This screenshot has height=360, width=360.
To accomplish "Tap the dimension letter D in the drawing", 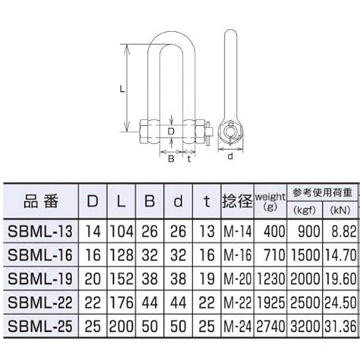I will pyautogui.click(x=172, y=131).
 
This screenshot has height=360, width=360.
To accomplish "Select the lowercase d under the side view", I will pyautogui.click(x=229, y=158).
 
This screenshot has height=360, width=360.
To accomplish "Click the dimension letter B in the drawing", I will pyautogui.click(x=171, y=158).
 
